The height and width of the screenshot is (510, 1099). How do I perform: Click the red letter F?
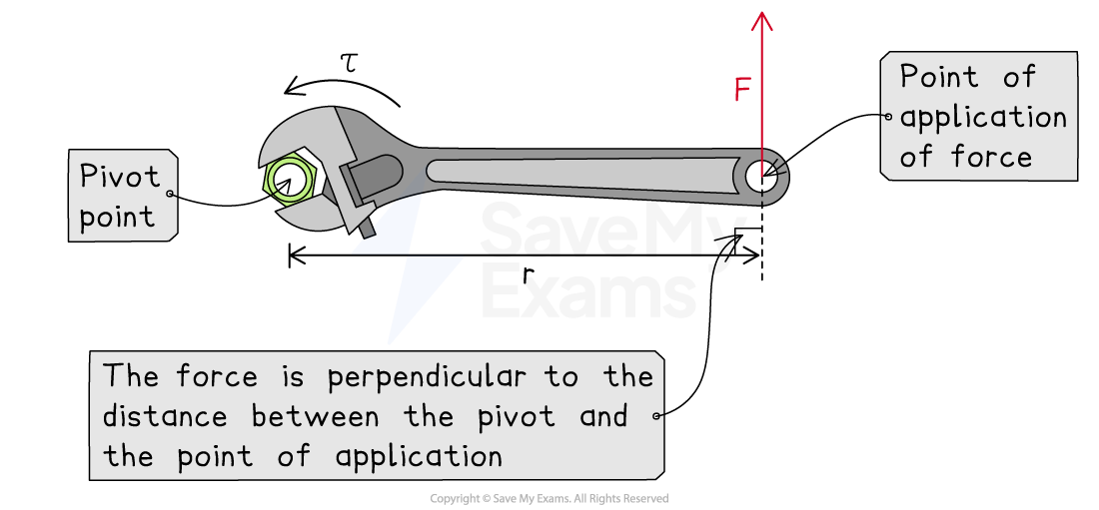pyautogui.click(x=741, y=91)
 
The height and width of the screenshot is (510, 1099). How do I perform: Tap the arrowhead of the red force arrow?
pyautogui.click(x=762, y=19)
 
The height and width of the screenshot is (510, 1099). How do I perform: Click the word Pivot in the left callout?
pyautogui.click(x=120, y=178)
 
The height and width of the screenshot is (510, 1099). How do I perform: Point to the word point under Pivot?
pyautogui.click(x=117, y=217)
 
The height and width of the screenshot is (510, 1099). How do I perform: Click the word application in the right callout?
pyautogui.click(x=983, y=118)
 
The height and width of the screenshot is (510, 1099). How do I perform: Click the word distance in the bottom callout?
pyautogui.click(x=165, y=416)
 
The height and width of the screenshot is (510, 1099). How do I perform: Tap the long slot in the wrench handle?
pyautogui.click(x=579, y=171)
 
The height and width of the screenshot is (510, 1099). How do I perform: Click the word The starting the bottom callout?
pyautogui.click(x=130, y=376)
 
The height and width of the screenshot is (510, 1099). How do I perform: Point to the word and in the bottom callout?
pyautogui.click(x=603, y=416)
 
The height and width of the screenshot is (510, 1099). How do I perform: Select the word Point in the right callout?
pyautogui.click(x=939, y=77)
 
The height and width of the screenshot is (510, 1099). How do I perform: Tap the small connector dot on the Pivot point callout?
pyautogui.click(x=172, y=194)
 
